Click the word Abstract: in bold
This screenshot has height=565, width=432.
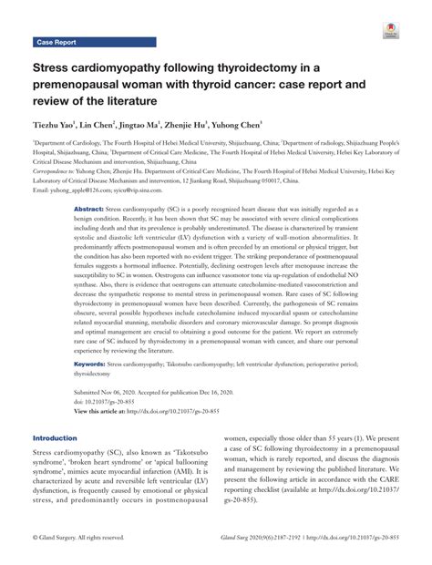click(x=88, y=208)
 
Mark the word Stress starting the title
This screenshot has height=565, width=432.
click(x=56, y=67)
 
